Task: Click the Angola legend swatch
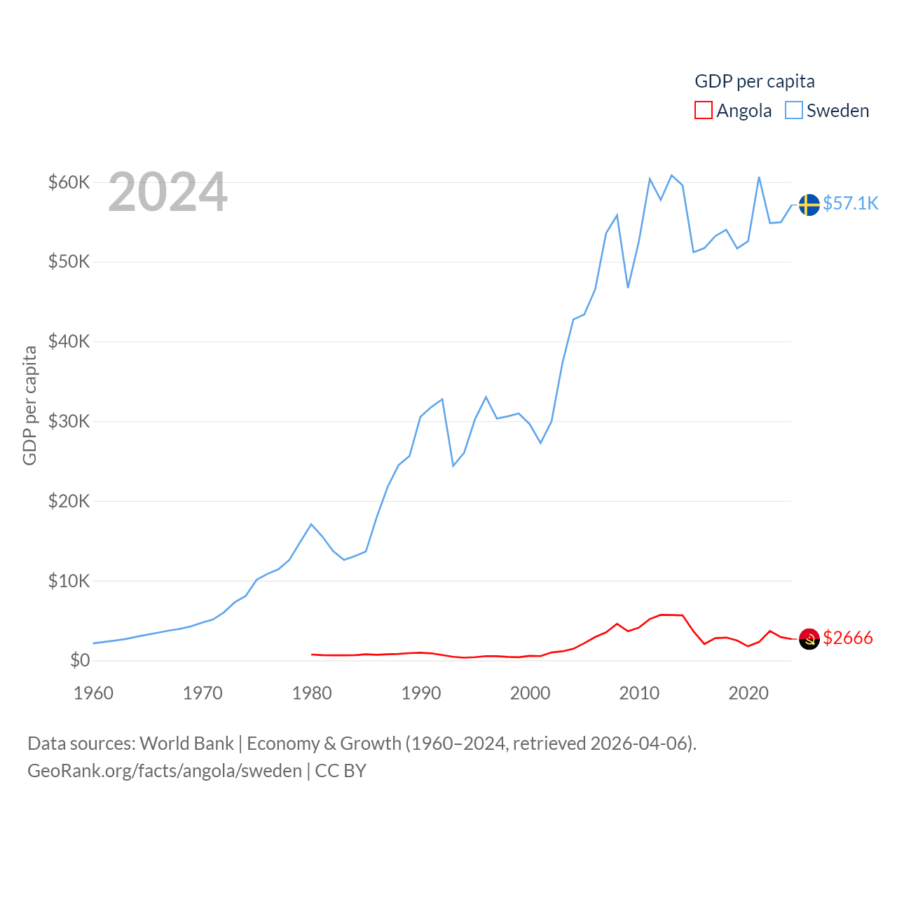coord(704,110)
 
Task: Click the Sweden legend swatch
coord(793,110)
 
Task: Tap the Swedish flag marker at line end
coord(809,205)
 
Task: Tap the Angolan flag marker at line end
coord(809,638)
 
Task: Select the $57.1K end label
coord(851,203)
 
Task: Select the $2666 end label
coord(848,638)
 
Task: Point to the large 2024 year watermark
coord(167,192)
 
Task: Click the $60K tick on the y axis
coord(69,183)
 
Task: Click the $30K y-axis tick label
coord(69,422)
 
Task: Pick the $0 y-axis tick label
coord(80,661)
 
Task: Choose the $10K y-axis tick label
coord(69,581)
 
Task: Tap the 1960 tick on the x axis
coord(93,694)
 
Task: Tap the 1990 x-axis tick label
coord(421,694)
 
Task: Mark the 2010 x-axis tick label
coord(639,694)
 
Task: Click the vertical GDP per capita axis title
coord(29,405)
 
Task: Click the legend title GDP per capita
coord(755,81)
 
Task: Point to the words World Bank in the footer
coord(186,744)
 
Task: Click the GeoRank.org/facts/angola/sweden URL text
coord(165,771)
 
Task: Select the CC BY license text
coord(341,771)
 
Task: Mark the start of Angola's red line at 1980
coord(312,655)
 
